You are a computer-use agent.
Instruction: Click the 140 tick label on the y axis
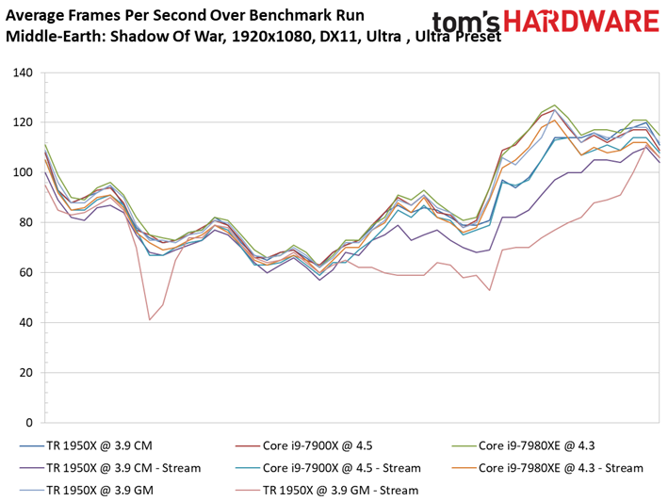[23, 73]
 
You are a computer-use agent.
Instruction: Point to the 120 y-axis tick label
[23, 122]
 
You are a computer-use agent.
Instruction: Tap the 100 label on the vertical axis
[23, 173]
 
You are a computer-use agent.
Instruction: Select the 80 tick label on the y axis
[26, 222]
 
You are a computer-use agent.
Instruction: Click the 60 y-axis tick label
[26, 273]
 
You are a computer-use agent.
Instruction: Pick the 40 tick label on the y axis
[26, 323]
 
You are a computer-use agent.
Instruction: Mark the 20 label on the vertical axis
[26, 373]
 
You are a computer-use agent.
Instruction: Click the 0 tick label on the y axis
[29, 423]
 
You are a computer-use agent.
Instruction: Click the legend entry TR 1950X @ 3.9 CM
[86, 445]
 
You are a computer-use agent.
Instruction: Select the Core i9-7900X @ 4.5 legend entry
[303, 445]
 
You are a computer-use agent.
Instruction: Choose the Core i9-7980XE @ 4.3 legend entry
[524, 445]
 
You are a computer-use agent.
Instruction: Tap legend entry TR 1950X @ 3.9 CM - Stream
[110, 468]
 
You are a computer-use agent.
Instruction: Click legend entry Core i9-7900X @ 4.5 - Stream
[328, 468]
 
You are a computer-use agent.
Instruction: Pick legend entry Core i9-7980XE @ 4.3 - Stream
[547, 468]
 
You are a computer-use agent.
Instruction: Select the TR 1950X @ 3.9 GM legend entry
[87, 491]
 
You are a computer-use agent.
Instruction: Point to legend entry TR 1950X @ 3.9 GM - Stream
[327, 491]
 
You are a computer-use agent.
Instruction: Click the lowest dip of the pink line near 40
[150, 319]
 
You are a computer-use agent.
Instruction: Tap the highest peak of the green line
[554, 105]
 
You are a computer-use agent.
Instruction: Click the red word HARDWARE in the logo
[581, 22]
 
